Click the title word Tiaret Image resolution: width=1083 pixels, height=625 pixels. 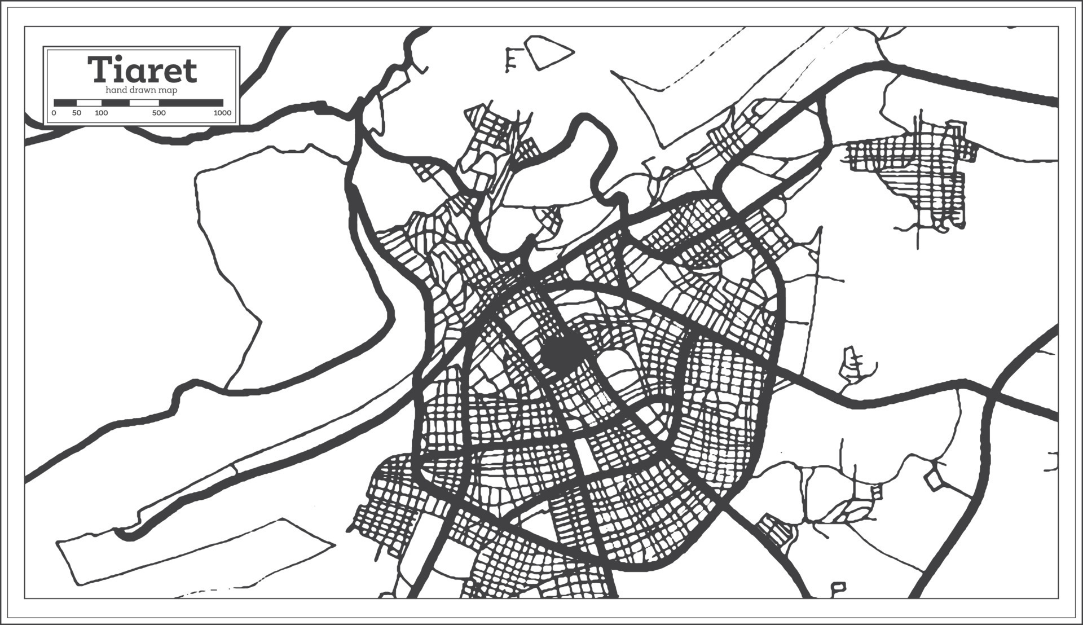click(142, 70)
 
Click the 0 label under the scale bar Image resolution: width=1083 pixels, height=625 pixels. click(54, 113)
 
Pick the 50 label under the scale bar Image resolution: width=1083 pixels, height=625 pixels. click(77, 113)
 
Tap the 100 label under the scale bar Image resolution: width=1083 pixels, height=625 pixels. click(102, 113)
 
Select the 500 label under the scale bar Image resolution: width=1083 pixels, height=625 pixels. click(159, 113)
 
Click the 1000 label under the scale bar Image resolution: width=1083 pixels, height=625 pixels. click(222, 113)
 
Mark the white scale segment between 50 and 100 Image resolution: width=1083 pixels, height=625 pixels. click(89, 103)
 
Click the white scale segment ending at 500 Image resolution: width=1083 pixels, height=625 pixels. click(144, 103)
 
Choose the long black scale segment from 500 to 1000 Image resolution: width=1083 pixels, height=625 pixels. click(191, 103)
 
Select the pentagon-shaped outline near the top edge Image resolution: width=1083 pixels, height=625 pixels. click(548, 52)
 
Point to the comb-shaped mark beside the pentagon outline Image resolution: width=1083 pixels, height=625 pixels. click(512, 59)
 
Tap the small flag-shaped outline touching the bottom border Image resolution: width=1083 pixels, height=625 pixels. click(839, 588)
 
